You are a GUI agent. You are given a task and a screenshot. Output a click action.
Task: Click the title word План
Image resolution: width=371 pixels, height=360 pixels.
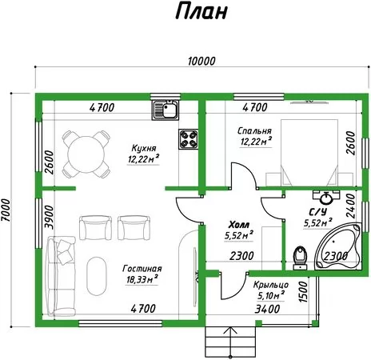coord(201,11)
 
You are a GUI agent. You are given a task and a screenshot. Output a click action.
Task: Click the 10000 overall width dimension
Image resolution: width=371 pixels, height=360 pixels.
coord(201,62)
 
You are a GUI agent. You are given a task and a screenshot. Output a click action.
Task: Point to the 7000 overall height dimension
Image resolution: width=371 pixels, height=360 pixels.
coord(6,210)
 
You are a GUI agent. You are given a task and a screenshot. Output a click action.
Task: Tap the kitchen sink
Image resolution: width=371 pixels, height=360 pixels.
coord(166,110)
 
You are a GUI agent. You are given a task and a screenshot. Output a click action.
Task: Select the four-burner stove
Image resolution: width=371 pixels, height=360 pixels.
coord(189,139)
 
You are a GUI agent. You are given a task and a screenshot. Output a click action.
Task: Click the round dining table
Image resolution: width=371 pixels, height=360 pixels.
coord(86,154)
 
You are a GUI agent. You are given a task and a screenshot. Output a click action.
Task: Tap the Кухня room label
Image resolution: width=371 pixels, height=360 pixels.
coord(144,148)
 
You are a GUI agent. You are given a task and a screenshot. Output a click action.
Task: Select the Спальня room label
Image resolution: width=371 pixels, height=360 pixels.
coord(254,130)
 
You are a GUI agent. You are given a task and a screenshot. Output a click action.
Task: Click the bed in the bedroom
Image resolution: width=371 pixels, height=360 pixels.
coord(309,152)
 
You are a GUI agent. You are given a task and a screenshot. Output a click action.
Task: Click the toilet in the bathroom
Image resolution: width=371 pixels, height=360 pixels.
coord(300,258)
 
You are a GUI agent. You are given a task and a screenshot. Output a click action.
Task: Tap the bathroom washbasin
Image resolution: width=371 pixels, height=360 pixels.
coord(326,198)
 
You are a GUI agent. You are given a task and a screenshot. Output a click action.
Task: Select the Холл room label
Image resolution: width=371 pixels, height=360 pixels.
coord(239,225)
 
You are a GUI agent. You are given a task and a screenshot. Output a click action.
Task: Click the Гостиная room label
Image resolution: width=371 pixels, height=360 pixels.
coord(142,268)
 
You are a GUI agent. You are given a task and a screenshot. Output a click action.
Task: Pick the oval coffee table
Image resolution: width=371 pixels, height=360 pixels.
coord(97,276)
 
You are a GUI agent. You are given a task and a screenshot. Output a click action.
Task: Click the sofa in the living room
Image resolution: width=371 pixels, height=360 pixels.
coord(61,276)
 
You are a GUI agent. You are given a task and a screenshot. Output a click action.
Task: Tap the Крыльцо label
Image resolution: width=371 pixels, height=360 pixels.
coord(271,285)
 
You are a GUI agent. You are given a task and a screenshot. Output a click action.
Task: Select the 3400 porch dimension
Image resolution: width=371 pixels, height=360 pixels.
coord(267,309)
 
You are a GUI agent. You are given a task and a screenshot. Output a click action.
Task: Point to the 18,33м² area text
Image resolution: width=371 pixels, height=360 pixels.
coord(142,279)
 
